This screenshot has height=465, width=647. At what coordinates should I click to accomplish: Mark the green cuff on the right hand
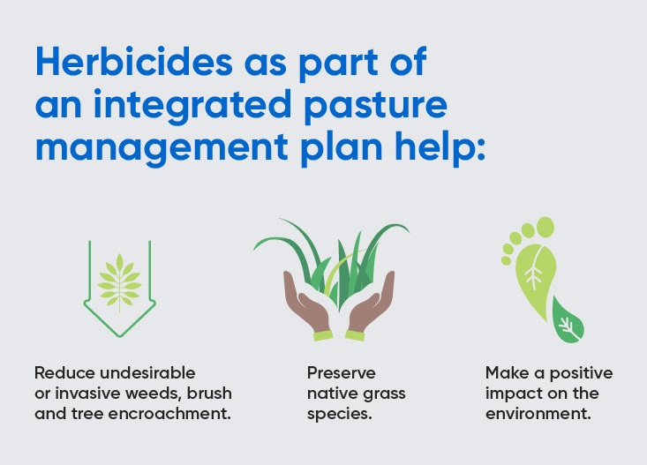coord(357,336)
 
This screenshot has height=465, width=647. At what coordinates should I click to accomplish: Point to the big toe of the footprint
coord(544,229)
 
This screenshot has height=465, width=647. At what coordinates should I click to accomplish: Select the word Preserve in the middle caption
coord(342,372)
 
